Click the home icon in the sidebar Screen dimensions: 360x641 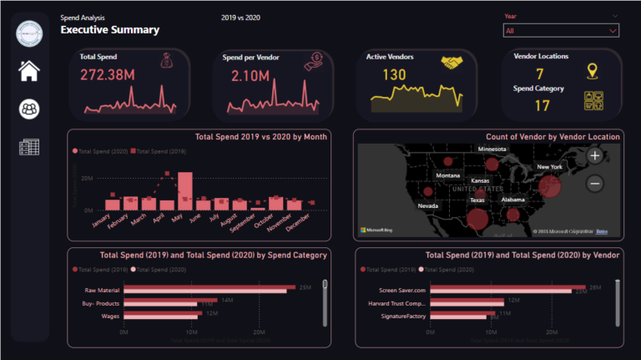tap(29, 71)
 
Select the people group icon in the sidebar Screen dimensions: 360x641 tap(29, 109)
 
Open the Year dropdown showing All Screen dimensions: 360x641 tap(561, 30)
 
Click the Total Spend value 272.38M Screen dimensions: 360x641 tap(109, 76)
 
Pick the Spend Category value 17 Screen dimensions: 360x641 tap(543, 105)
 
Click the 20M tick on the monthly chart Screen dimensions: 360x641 tap(86, 179)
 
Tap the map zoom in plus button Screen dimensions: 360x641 tap(594, 155)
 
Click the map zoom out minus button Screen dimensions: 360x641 tap(594, 183)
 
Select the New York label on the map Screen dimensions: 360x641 tap(549, 167)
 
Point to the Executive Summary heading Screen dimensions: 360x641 tap(109, 30)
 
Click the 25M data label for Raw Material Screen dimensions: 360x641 tap(305, 287)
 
